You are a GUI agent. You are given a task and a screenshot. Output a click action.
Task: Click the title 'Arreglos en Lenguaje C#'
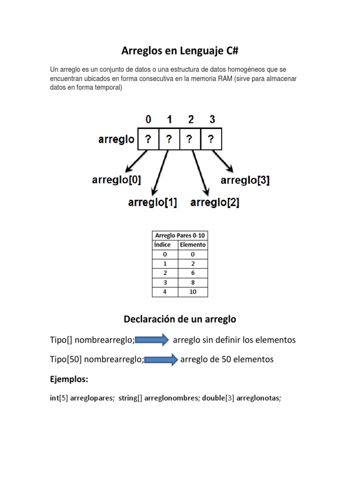(180, 50)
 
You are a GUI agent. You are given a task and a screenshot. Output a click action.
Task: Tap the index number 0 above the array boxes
(148, 120)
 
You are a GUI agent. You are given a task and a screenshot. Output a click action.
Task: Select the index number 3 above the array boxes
(212, 120)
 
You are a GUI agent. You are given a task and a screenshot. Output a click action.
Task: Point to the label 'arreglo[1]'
(153, 202)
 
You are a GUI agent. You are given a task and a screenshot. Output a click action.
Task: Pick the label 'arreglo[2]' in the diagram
(215, 202)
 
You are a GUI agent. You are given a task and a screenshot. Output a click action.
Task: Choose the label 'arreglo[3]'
(245, 180)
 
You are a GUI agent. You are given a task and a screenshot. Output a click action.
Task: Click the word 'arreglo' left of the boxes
(116, 139)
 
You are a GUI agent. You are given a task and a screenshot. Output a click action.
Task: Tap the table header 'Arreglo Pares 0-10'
(180, 235)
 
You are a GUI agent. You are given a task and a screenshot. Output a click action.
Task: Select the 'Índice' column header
(162, 245)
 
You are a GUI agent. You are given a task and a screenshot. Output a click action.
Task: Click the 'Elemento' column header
(193, 245)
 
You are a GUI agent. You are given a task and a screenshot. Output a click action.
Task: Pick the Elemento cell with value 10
(193, 292)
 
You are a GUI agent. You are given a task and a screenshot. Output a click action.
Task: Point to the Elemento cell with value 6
(193, 273)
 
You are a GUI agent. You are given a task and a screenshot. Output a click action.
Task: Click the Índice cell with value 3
(165, 282)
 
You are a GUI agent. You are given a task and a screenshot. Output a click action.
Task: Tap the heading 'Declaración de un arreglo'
(180, 319)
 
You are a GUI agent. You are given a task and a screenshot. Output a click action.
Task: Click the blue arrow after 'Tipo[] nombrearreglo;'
(152, 340)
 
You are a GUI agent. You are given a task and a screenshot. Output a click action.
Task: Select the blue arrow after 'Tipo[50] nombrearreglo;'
(160, 360)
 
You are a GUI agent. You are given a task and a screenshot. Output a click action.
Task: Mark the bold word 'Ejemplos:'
(69, 379)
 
